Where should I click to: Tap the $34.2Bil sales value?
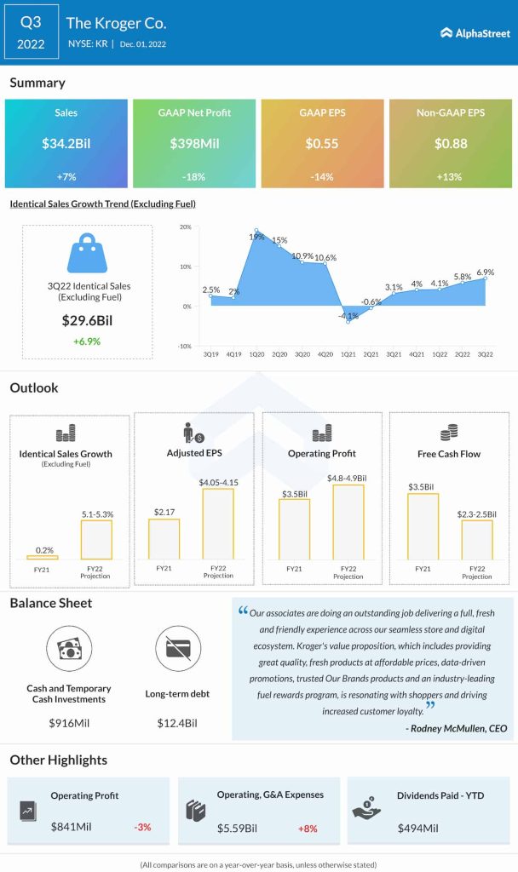(x=66, y=144)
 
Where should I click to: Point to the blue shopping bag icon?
(x=87, y=253)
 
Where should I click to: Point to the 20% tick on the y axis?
(x=185, y=227)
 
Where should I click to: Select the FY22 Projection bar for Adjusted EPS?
(x=218, y=524)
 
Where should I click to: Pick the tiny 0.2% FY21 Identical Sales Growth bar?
(x=42, y=557)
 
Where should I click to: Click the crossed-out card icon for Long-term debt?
(x=178, y=648)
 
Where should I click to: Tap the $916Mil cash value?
(x=68, y=723)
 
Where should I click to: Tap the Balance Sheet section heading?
(x=50, y=603)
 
